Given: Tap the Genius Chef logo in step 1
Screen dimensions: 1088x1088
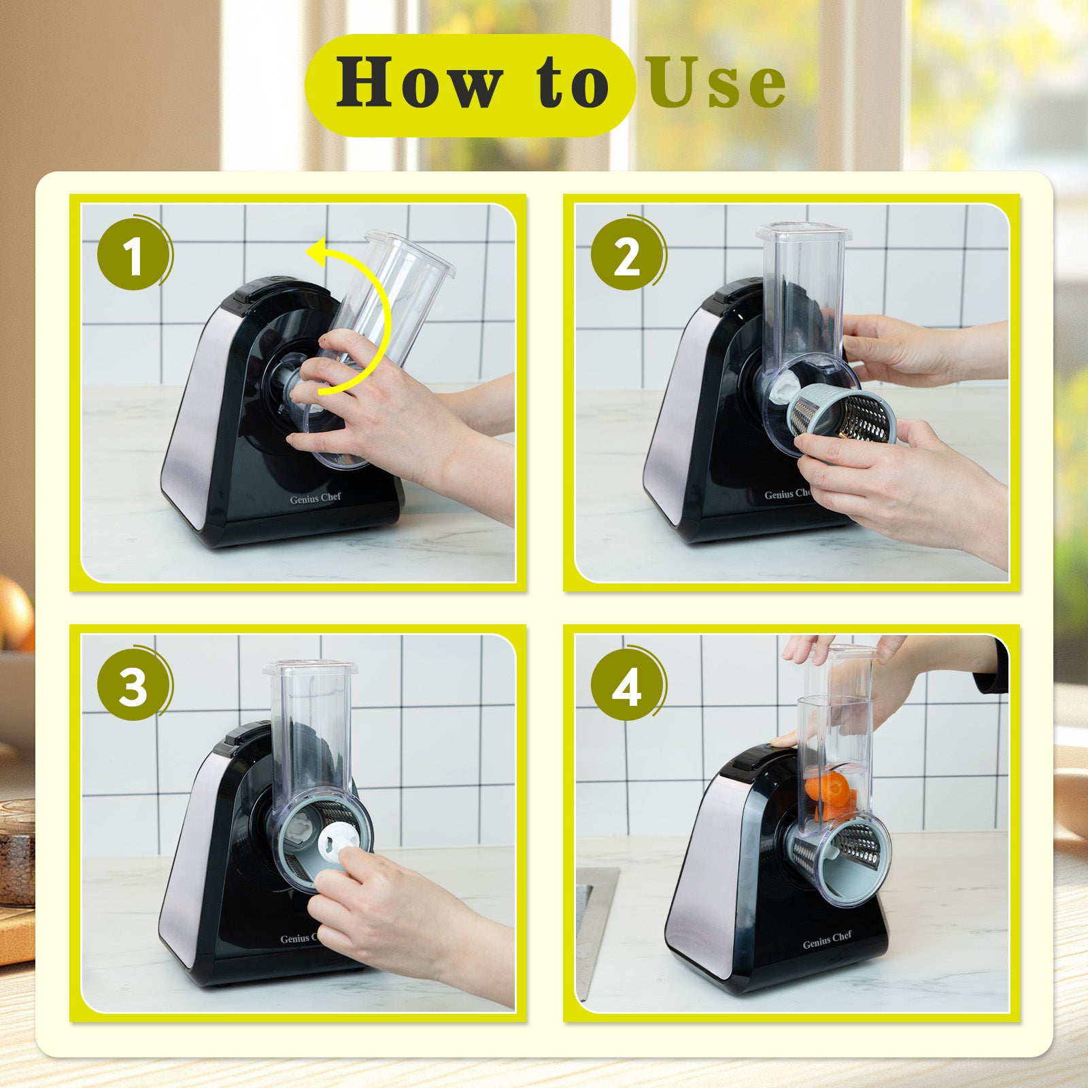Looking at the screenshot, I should (315, 498).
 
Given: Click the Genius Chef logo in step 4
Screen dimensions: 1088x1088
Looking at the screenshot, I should (827, 938).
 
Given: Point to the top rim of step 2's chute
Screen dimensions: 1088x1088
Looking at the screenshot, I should (804, 231).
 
